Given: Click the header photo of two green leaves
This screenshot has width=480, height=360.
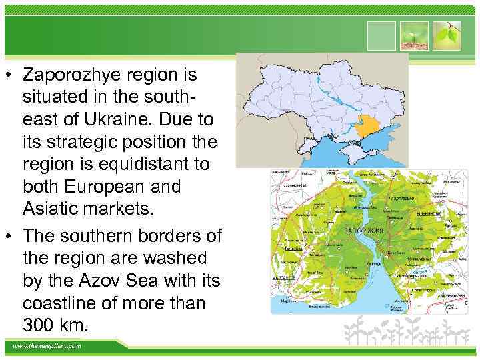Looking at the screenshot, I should coord(446,34).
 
